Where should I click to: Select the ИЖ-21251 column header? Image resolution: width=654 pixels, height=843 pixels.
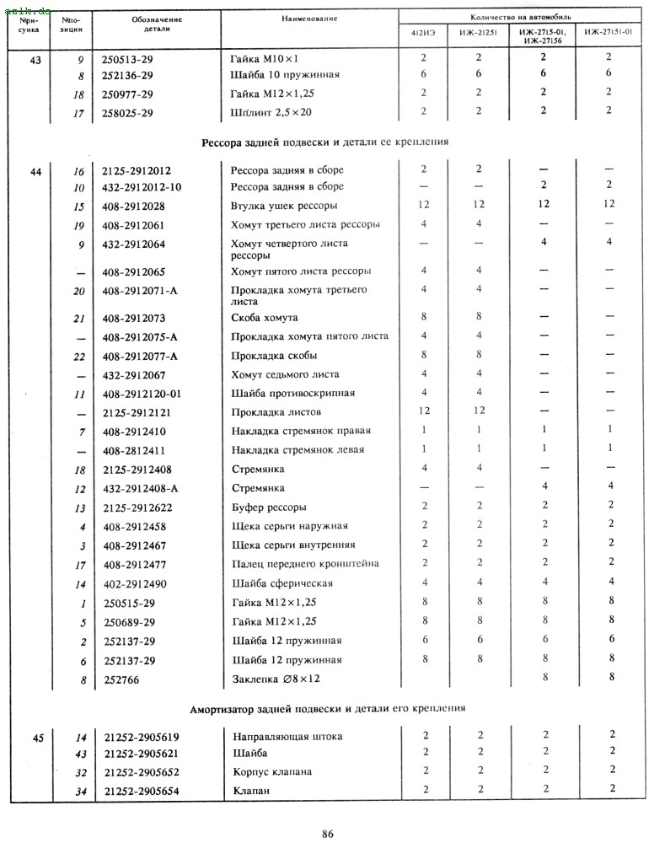click(x=478, y=33)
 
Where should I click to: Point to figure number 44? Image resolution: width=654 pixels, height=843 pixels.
click(x=35, y=171)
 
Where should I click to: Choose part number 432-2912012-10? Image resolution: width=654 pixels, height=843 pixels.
click(x=141, y=187)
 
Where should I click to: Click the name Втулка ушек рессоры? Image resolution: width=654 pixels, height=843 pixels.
click(x=284, y=206)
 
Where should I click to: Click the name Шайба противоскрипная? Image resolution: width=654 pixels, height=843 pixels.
click(x=292, y=394)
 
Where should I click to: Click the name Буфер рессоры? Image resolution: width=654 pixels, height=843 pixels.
click(x=269, y=507)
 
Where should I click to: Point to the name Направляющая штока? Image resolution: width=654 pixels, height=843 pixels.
click(x=287, y=737)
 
